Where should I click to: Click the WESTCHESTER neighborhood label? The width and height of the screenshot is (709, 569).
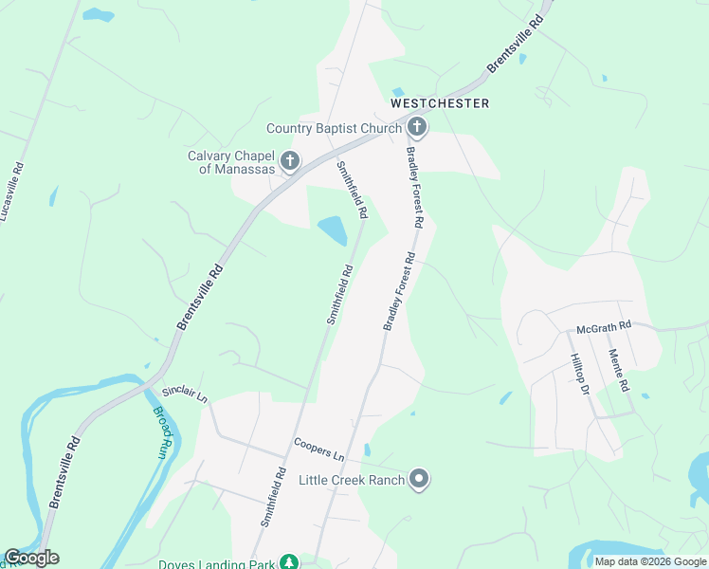tap(440, 103)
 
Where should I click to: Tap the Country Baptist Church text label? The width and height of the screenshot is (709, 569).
tap(335, 128)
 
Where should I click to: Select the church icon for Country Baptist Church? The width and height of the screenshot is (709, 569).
tap(416, 127)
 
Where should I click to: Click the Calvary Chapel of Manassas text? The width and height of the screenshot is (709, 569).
tap(230, 162)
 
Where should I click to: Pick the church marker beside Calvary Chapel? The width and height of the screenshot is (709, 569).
tap(289, 161)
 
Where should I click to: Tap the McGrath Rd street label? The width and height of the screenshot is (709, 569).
tap(604, 327)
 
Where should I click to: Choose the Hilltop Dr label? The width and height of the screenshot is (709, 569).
tap(580, 374)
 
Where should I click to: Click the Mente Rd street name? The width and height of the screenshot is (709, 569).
tap(618, 371)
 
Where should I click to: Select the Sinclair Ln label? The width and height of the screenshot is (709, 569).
tap(184, 394)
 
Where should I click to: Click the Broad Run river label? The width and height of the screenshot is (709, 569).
tap(164, 431)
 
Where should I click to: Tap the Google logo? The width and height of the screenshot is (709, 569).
tap(31, 558)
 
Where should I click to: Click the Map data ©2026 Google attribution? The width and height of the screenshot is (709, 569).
tap(649, 561)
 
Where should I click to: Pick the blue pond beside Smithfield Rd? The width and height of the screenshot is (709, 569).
tap(333, 229)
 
